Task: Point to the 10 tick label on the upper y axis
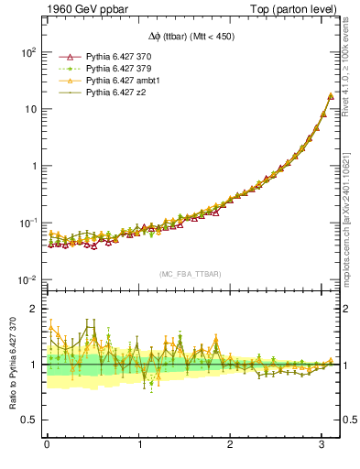30,109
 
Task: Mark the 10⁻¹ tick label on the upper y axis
27,223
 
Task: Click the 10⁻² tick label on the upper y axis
27,279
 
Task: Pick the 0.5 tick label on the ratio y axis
29,420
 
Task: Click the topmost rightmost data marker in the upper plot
330,96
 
